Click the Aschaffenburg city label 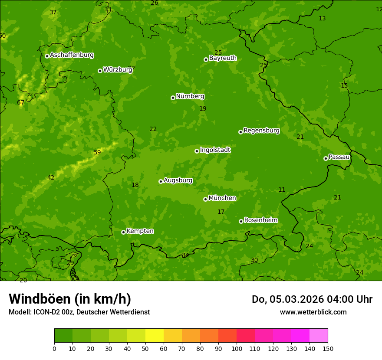[72, 55]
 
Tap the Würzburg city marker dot [100, 71]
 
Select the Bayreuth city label [223, 58]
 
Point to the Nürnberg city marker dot [173, 98]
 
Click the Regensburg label [261, 131]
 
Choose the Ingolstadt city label [215, 150]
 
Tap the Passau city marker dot [326, 158]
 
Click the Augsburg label [178, 180]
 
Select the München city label [222, 198]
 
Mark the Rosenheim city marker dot [241, 221]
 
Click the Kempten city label [140, 231]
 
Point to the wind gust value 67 [21, 103]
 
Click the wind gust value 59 [97, 152]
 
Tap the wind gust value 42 [51, 178]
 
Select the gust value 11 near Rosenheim [282, 190]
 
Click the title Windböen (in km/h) [69, 299]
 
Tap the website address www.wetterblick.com [313, 312]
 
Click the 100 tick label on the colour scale [237, 349]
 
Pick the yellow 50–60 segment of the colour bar [155, 336]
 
